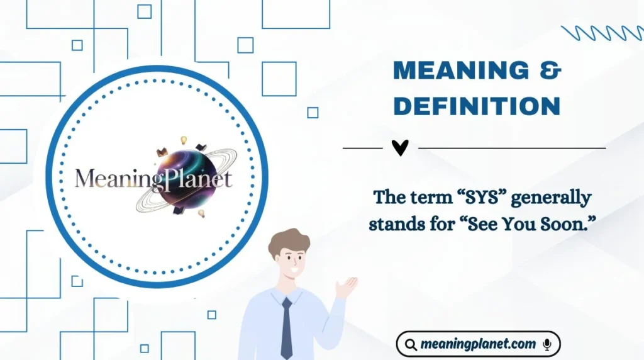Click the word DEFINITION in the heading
(x=476, y=107)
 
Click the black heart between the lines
(x=400, y=148)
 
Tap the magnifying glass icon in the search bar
(x=411, y=345)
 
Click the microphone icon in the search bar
(x=547, y=344)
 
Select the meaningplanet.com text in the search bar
(x=478, y=344)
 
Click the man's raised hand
(x=345, y=287)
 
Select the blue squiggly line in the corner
(x=601, y=33)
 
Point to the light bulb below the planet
(x=202, y=214)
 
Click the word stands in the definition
(x=397, y=223)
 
